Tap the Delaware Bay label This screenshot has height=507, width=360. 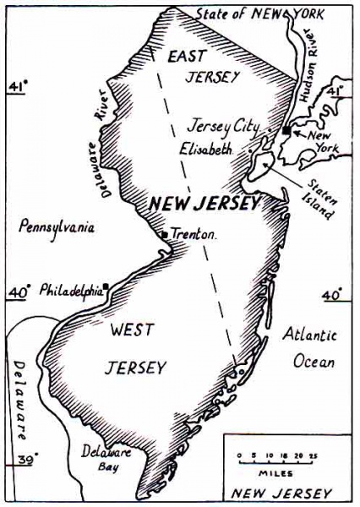tap(107, 457)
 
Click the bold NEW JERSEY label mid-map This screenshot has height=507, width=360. tap(205, 204)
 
